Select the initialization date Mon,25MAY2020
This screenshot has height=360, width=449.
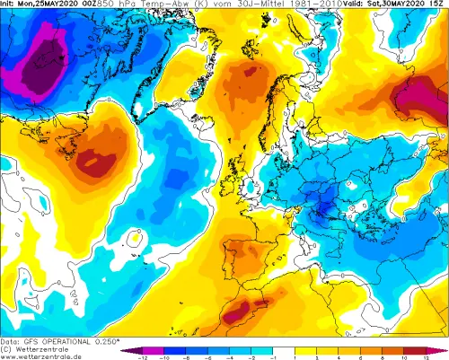tap(53, 4)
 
